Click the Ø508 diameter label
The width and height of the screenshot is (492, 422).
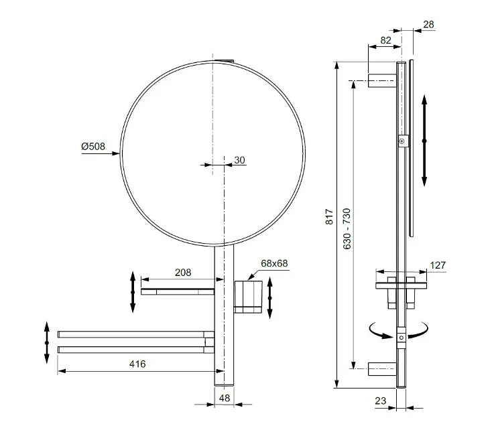(x=93, y=147)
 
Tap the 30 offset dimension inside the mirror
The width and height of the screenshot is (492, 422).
(x=239, y=160)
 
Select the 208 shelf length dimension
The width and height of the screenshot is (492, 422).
(x=183, y=273)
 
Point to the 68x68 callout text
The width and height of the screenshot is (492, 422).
(x=274, y=263)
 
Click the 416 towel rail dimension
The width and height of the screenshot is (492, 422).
(x=137, y=364)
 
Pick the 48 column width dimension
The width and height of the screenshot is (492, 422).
(x=225, y=398)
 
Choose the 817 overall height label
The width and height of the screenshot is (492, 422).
(x=329, y=216)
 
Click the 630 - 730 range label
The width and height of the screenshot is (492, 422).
(x=347, y=228)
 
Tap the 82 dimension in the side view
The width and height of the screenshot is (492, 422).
(x=385, y=40)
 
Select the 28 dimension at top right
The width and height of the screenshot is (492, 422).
(x=428, y=25)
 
